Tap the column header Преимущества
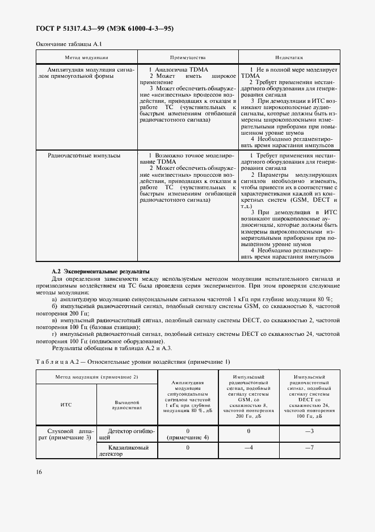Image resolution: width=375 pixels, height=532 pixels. pos(188,57)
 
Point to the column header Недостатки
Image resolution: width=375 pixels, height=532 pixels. pos(289,57)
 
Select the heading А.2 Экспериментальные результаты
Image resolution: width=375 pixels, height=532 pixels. pos(100,272)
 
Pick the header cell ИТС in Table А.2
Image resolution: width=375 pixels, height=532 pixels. pos(66,405)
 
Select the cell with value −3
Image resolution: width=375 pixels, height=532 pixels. pos(309,431)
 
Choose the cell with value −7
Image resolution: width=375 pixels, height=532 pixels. pos(309,448)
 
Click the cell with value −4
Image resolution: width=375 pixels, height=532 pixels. pos(248,448)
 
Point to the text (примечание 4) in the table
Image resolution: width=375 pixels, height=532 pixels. pos(187,438)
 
